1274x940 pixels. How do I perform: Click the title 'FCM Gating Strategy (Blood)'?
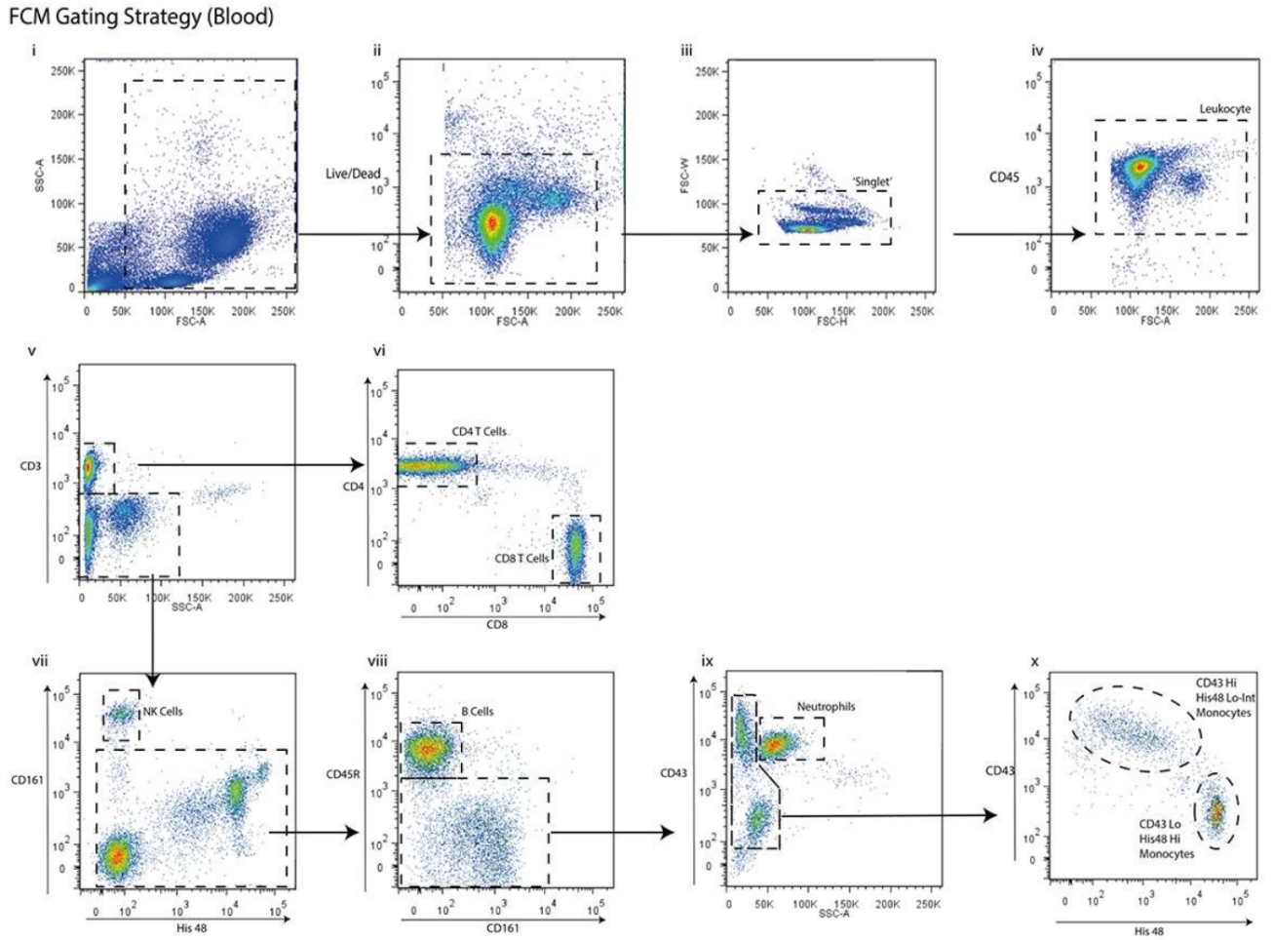[136, 17]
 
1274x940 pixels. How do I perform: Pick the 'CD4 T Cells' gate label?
[479, 431]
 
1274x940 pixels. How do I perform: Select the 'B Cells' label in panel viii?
[478, 712]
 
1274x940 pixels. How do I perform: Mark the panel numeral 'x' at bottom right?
[1034, 662]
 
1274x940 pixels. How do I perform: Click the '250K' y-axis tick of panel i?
[64, 71]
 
